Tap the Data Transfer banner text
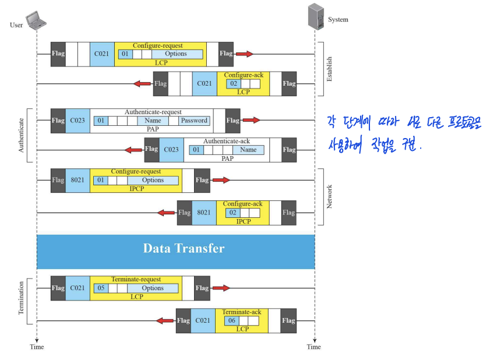click(184, 248)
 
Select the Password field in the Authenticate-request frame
click(194, 121)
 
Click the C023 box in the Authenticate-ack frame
click(171, 150)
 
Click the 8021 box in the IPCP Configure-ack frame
click(204, 213)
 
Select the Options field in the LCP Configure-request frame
click(175, 54)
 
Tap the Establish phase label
click(329, 69)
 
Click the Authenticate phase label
click(22, 136)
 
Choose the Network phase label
click(329, 197)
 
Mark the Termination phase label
click(22, 298)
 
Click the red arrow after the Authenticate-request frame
click(251, 120)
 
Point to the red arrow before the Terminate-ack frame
click(166, 320)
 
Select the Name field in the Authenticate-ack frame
click(248, 150)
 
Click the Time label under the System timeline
click(314, 347)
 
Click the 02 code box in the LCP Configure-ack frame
click(232, 84)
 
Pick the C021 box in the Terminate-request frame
click(77, 288)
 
